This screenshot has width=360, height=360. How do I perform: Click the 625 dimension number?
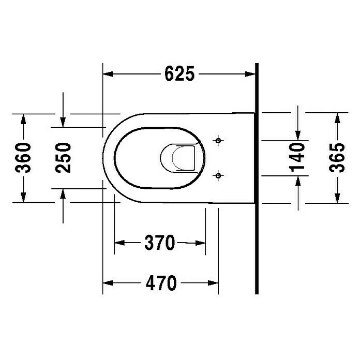179,73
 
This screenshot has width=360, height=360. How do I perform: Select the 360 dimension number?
23,158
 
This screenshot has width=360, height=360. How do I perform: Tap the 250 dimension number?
63,158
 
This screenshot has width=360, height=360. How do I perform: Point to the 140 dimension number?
297,157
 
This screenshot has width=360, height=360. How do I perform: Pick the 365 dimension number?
337,158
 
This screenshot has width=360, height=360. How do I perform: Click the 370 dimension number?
160,243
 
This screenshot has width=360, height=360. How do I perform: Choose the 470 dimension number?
161,282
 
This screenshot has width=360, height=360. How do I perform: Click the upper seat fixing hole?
218,140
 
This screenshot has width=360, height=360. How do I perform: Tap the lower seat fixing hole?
218,176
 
